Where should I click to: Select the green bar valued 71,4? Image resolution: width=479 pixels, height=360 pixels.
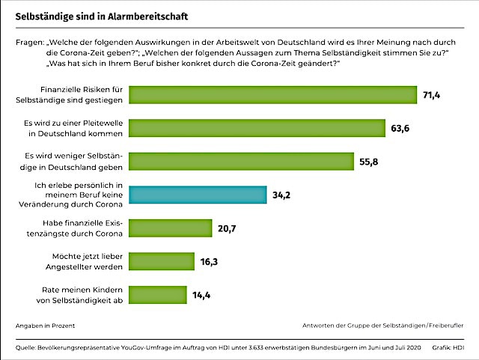tap(273, 94)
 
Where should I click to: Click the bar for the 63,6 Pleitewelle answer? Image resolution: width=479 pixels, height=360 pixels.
tap(257, 128)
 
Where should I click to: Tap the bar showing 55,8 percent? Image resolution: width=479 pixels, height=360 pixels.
tap(242, 162)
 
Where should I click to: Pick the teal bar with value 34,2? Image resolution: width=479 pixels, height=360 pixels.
tap(198, 195)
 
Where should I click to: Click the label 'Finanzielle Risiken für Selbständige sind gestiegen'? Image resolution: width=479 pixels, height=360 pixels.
tap(83, 94)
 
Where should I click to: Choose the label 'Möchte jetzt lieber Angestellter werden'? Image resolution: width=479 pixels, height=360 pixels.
tap(85, 260)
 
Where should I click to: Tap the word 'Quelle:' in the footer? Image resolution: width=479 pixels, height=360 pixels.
tap(25, 348)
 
